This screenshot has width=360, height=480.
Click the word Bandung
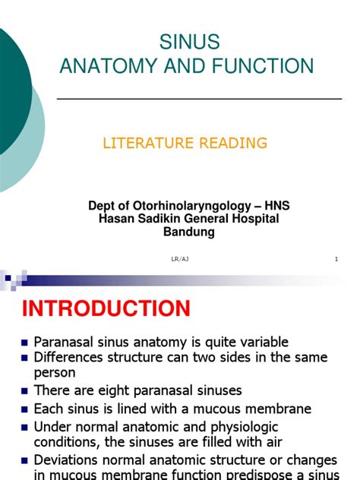pyautogui.click(x=189, y=232)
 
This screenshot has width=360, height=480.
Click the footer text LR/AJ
pyautogui.click(x=181, y=260)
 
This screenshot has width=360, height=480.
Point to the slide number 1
pyautogui.click(x=335, y=260)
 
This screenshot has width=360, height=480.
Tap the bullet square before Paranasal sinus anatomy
pyautogui.click(x=26, y=343)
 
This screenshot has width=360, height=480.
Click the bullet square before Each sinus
pyautogui.click(x=26, y=409)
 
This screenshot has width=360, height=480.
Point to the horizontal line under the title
pyautogui.click(x=199, y=99)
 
